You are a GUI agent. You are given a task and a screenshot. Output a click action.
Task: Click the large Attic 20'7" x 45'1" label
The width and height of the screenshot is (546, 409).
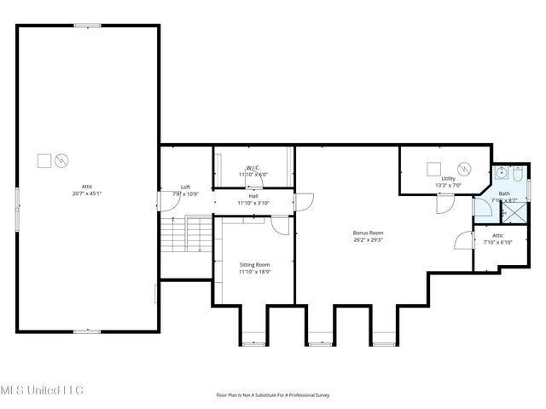click(86, 189)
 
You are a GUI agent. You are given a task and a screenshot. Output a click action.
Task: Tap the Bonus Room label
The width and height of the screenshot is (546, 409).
click(369, 236)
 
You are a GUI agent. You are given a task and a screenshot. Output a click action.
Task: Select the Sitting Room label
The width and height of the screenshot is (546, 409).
click(254, 268)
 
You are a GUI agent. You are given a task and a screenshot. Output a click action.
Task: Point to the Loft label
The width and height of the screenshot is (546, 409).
click(185, 190)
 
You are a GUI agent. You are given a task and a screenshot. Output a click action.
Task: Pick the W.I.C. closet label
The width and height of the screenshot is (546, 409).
click(253, 170)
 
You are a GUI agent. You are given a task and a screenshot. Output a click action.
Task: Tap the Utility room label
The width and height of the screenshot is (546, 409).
click(448, 181)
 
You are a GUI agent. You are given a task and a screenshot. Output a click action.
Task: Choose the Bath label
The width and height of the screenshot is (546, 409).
click(504, 197)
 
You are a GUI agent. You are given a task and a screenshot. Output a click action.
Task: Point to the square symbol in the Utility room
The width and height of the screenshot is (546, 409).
click(433, 167)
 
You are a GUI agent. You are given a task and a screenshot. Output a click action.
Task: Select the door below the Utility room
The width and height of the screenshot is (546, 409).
click(444, 204)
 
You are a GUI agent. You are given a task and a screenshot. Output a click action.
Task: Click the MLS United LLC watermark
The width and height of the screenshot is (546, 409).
click(42, 389)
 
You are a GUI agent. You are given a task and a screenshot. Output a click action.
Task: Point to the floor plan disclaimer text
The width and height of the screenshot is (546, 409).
click(273, 395)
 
